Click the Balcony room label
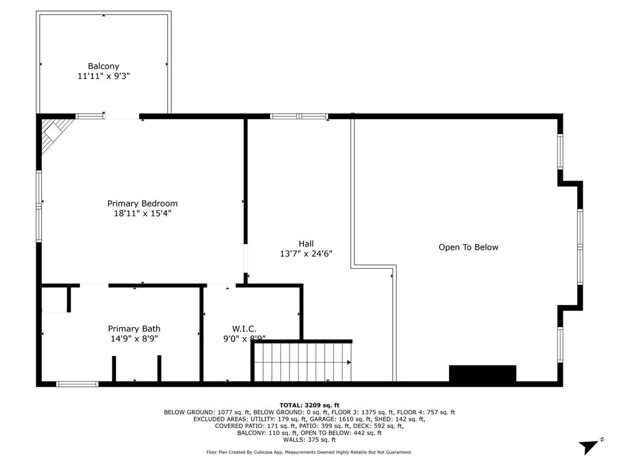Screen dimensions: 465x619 tap(103, 66)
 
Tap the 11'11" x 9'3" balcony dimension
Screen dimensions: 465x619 tap(103, 76)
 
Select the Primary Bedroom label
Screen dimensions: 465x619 tap(143, 203)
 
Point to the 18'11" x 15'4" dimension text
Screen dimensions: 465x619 tap(143, 213)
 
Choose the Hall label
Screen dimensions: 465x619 tap(306, 244)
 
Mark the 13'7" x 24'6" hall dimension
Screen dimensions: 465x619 tap(306, 254)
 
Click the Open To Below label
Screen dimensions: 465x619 tap(468, 247)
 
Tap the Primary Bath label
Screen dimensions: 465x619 tap(134, 329)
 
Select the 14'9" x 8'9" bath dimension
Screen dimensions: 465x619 tap(134, 339)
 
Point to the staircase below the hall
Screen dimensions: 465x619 tap(302, 362)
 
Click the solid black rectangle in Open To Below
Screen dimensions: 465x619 tap(482, 374)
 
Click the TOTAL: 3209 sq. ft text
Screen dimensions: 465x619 tap(309, 405)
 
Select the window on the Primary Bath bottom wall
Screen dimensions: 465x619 tap(77, 383)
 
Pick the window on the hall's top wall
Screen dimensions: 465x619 tap(299, 116)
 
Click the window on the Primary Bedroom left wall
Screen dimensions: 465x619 tap(39, 206)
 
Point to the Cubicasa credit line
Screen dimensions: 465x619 tap(309, 452)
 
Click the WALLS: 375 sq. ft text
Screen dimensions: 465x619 tap(309, 440)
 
